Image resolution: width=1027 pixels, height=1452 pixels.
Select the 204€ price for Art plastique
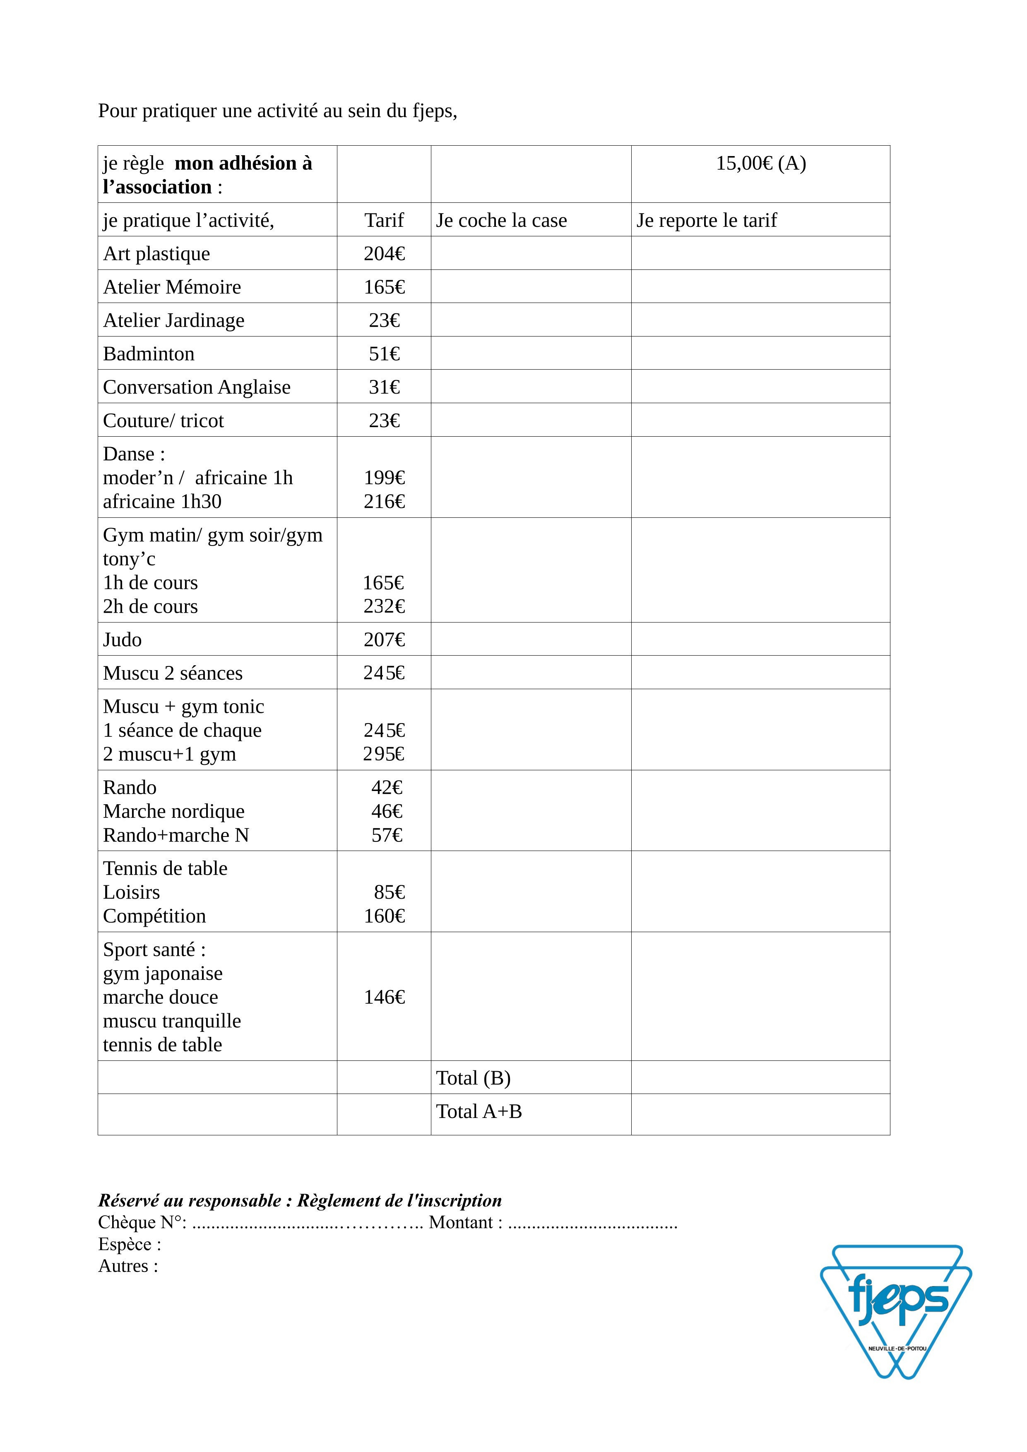click(384, 254)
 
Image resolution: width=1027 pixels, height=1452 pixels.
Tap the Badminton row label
click(149, 353)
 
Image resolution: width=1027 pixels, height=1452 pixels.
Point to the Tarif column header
click(384, 220)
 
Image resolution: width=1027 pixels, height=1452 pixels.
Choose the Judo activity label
click(122, 639)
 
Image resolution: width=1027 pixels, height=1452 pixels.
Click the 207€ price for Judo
click(384, 639)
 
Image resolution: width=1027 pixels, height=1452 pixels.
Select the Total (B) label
click(473, 1077)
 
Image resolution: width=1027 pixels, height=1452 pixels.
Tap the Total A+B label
click(479, 1111)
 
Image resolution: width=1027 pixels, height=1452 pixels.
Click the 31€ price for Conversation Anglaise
click(384, 387)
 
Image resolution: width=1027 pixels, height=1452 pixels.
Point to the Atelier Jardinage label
click(173, 320)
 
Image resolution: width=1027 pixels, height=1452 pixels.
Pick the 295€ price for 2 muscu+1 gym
click(384, 754)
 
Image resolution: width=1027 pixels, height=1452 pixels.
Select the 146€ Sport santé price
click(384, 997)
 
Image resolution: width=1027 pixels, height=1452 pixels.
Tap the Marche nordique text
click(173, 811)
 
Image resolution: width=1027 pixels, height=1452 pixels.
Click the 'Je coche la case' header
click(501, 220)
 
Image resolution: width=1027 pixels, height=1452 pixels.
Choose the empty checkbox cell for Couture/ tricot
click(531, 420)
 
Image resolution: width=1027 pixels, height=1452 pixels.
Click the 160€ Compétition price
click(384, 916)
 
